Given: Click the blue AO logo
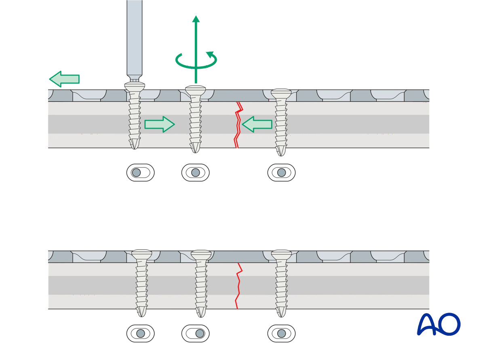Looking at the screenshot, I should pos(439,324).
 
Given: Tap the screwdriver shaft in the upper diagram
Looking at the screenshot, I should pos(134,36).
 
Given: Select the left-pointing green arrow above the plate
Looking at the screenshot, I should pos(64,79).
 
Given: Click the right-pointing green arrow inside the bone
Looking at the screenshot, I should pos(159,124).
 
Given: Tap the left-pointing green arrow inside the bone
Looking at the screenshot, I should pos(257,124).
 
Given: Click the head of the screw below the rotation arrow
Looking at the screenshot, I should pos(196,90).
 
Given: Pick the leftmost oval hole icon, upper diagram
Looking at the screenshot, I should pos(140,173).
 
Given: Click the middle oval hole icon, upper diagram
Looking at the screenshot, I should pos(196,173).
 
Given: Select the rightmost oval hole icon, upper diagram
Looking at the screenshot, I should pos(281,173).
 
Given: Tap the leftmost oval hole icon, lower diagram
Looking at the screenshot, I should pos(140,334).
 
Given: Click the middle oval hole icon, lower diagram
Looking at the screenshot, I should pos(196,334).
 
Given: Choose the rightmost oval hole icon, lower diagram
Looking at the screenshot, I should pos(281,334).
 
